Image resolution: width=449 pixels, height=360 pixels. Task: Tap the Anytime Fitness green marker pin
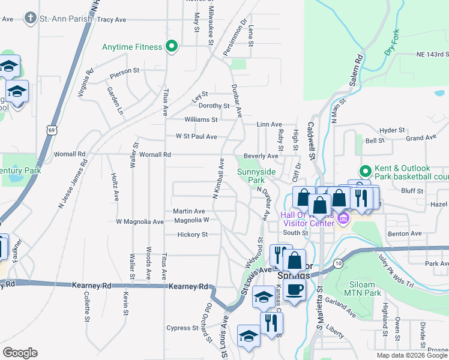tap(172, 46)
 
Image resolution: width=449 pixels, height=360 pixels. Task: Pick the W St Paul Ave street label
tap(196, 137)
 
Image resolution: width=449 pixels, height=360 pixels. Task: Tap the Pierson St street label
tap(124, 71)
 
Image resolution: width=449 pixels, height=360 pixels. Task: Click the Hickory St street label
tap(193, 235)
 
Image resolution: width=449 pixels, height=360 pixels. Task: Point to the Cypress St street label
tap(183, 328)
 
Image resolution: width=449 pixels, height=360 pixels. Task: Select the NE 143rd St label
tap(432, 55)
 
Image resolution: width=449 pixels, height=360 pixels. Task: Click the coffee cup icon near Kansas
tap(294, 290)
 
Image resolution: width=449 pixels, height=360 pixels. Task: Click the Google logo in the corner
tap(20, 353)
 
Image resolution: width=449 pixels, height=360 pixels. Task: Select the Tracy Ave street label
tap(111, 20)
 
